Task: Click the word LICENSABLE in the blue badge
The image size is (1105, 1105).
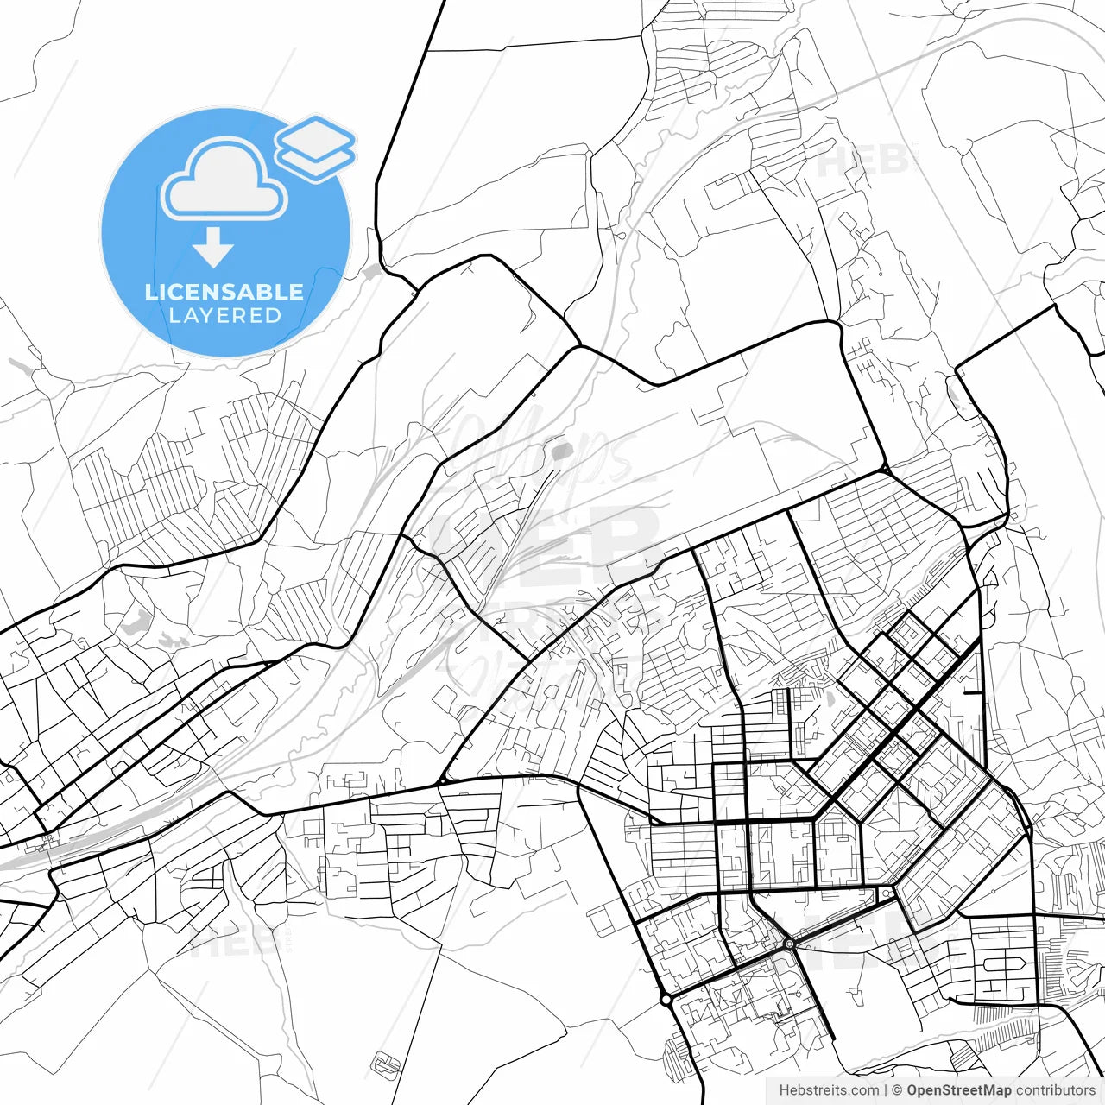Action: (x=224, y=292)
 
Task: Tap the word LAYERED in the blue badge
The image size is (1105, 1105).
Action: (x=224, y=316)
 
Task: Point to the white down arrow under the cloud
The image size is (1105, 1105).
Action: (x=213, y=249)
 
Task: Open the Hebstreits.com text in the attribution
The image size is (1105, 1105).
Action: (x=829, y=1090)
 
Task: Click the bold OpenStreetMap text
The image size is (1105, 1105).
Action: (x=958, y=1090)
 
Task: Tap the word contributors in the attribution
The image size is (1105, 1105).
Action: (x=1055, y=1090)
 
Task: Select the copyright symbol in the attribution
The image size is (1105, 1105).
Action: (x=897, y=1090)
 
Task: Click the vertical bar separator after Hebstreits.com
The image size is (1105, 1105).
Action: (x=886, y=1090)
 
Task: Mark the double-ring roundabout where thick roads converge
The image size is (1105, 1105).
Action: (x=789, y=944)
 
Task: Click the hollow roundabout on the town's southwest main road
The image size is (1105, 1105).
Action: (x=666, y=1000)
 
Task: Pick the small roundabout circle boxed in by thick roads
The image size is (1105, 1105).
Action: (x=886, y=893)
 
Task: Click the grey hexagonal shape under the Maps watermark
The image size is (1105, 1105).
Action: (x=562, y=449)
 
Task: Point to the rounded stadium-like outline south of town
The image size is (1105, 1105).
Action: (x=386, y=1063)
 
